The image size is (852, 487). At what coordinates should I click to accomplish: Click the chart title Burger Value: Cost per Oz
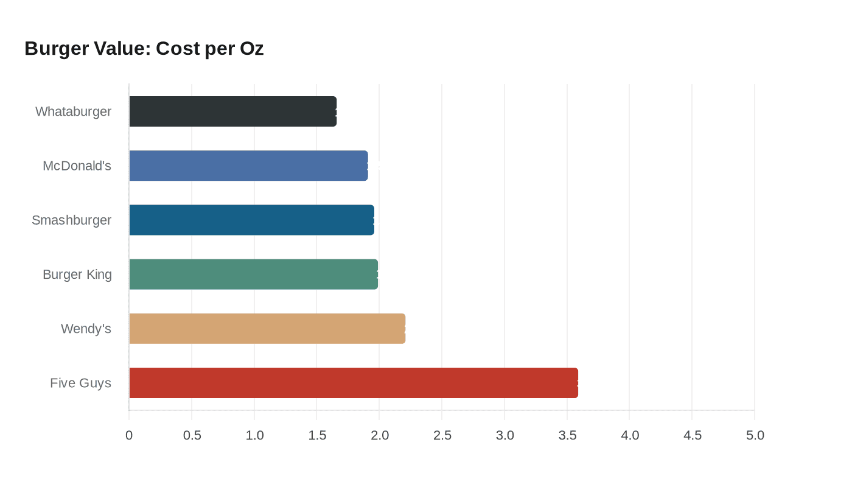[x=144, y=49]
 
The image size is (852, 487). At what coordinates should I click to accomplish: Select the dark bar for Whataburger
[x=232, y=111]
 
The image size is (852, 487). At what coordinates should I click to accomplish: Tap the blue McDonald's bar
[x=248, y=166]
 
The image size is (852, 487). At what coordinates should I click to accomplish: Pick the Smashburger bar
[x=251, y=220]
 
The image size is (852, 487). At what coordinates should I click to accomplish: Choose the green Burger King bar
[x=253, y=274]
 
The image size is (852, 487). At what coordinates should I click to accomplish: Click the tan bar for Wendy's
[x=267, y=329]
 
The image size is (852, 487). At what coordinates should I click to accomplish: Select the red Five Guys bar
[x=353, y=383]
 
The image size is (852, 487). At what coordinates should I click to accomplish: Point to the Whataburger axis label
[x=74, y=111]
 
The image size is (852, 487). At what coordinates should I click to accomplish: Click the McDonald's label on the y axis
[x=77, y=166]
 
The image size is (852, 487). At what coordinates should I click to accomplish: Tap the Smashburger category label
[x=72, y=220]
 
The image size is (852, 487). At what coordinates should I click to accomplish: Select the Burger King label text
[x=77, y=275]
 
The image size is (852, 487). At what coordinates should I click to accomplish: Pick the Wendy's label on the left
[x=86, y=329]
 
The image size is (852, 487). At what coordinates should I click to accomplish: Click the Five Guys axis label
[x=81, y=383]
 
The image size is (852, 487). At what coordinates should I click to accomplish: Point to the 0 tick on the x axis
[x=129, y=435]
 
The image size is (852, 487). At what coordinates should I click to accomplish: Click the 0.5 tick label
[x=192, y=435]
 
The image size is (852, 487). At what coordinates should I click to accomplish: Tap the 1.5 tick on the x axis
[x=317, y=435]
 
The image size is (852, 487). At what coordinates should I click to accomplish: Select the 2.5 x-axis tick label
[x=442, y=435]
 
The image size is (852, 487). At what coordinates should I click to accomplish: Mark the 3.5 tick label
[x=567, y=435]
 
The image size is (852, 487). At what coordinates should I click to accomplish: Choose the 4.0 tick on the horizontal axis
[x=630, y=435]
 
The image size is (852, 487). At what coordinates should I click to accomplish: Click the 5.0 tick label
[x=755, y=435]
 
